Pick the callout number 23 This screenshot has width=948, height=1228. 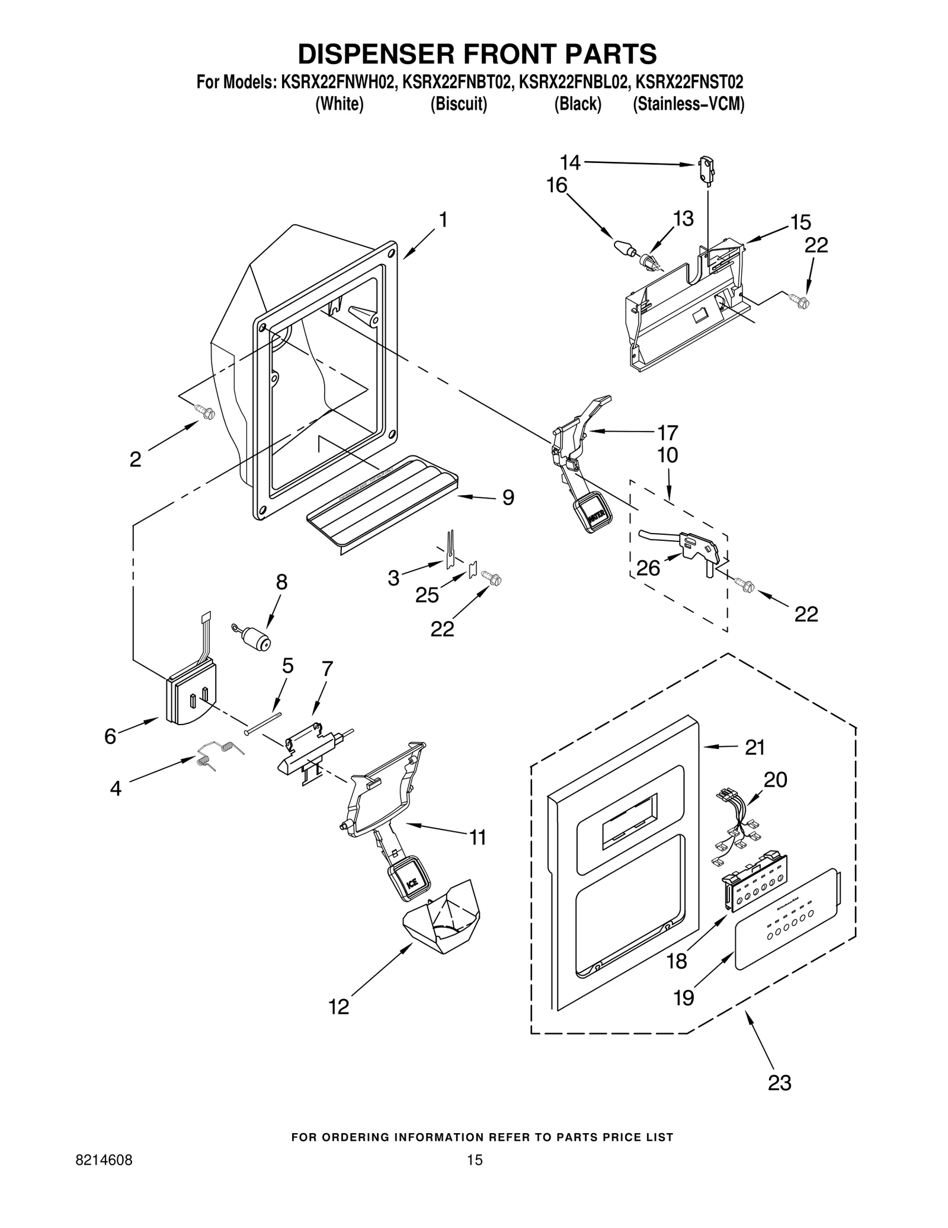pyautogui.click(x=779, y=1082)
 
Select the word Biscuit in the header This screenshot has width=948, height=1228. pyautogui.click(x=459, y=104)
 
